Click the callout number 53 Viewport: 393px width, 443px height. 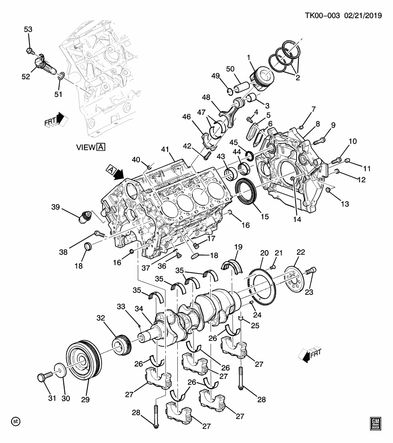(28, 30)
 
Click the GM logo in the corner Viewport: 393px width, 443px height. (375, 423)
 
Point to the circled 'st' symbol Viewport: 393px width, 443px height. (15, 421)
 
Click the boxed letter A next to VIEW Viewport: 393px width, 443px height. (101, 147)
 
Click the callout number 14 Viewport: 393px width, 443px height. (296, 220)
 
